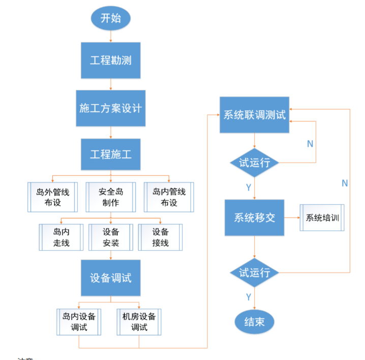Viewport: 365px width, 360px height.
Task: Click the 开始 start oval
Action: [x=111, y=18]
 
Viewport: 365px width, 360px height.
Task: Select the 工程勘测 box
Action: [x=111, y=60]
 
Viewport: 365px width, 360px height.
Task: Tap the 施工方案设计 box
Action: [x=111, y=108]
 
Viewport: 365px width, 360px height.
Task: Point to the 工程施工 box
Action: [x=111, y=154]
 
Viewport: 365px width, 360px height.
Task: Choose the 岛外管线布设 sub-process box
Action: [x=52, y=197]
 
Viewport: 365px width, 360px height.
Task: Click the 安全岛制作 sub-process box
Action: [x=111, y=197]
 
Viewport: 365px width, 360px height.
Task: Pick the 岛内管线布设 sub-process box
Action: [x=169, y=197]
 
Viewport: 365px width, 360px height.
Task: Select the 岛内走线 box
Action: [x=61, y=237]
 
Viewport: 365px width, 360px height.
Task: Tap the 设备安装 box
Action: [x=111, y=237]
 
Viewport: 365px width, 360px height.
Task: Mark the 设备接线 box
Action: [x=161, y=237]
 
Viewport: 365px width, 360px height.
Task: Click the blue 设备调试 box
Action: [x=111, y=278]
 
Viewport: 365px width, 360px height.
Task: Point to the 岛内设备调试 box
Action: [x=79, y=321]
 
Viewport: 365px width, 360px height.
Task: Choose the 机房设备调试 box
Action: [x=139, y=321]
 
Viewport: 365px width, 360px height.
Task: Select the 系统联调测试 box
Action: [x=255, y=115]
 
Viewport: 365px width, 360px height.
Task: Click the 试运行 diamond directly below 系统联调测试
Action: [x=255, y=163]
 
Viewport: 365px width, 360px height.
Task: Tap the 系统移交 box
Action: [x=255, y=218]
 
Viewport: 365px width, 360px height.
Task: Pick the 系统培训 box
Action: [x=322, y=218]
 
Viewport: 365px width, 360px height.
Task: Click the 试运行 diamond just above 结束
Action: [x=255, y=273]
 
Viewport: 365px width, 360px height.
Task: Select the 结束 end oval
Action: [x=255, y=321]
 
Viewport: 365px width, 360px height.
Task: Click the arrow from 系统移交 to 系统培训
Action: [x=292, y=218]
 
